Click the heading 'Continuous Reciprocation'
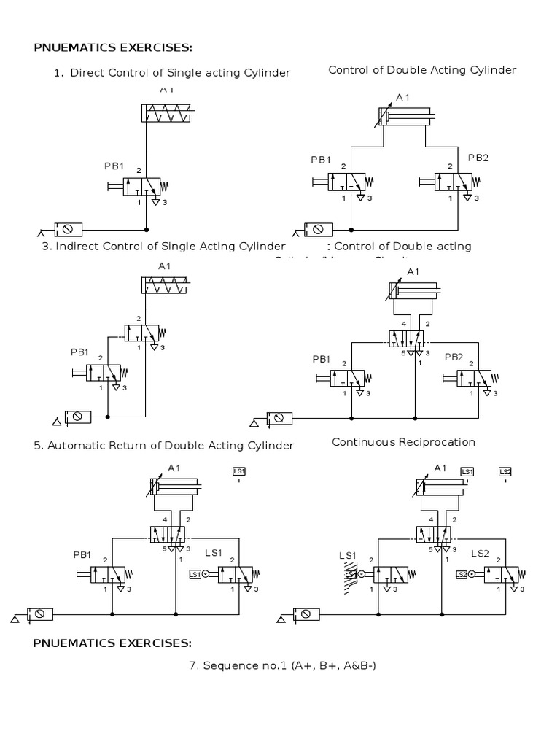pyautogui.click(x=403, y=442)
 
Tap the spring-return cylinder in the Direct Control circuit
pyautogui.click(x=168, y=112)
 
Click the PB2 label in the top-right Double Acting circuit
pyautogui.click(x=477, y=158)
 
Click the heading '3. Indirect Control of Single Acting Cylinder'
pyautogui.click(x=163, y=247)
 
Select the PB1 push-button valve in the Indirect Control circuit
pyautogui.click(x=104, y=373)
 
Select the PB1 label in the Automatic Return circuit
pyautogui.click(x=81, y=555)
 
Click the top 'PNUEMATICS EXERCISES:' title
pyautogui.click(x=113, y=48)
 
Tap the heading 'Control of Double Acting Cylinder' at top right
pyautogui.click(x=422, y=70)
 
